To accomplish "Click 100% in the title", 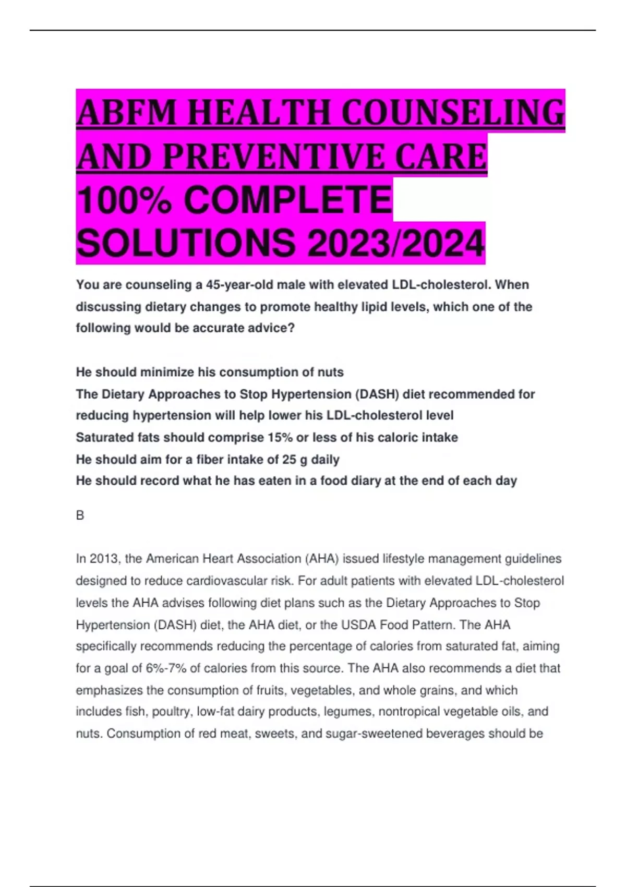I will click(124, 200).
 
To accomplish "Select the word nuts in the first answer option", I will click(331, 372).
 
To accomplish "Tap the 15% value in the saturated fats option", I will click(280, 437).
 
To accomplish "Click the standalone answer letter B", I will click(80, 515).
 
